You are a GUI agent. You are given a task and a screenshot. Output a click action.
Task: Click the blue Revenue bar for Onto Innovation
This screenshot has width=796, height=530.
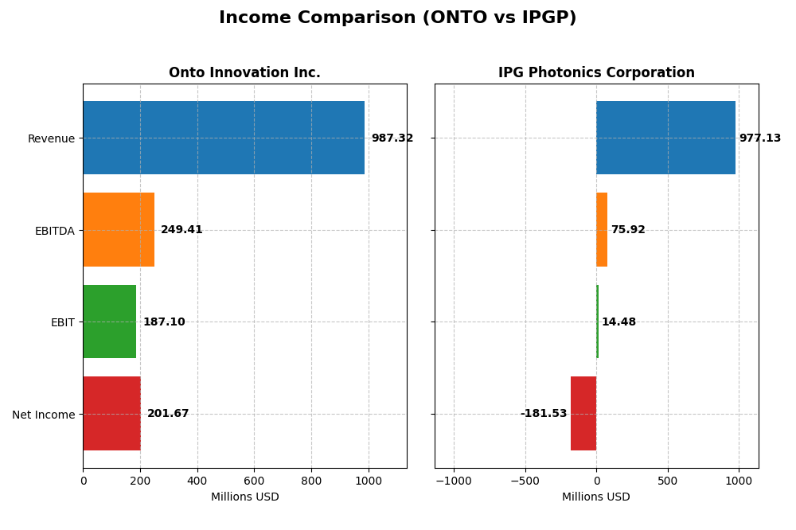coord(224,138)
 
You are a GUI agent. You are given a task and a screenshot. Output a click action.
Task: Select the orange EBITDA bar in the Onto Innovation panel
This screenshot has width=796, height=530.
coord(119,230)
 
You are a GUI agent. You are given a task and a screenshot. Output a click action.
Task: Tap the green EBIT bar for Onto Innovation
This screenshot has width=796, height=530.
coord(110,322)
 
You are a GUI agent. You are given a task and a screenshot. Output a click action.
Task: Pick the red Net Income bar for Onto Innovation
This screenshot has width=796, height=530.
coord(111,414)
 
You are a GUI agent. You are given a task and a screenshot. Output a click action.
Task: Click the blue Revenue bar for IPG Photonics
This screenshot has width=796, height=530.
coord(665,138)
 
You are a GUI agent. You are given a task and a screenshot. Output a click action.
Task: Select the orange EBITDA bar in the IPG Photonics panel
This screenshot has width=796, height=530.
coord(602,230)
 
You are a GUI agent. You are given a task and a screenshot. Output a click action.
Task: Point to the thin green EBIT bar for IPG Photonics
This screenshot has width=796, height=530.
coord(597,322)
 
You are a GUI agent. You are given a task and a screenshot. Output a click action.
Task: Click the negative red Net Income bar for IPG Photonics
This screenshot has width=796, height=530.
coord(583,414)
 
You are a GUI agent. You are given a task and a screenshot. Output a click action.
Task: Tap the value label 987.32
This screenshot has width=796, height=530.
coord(392,138)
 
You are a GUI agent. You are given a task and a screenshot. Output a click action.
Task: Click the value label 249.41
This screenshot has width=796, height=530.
coord(181,230)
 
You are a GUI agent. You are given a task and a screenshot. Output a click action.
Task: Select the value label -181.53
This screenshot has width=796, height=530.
coord(544,414)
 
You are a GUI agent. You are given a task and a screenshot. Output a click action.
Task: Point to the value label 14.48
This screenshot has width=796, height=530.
coord(618,322)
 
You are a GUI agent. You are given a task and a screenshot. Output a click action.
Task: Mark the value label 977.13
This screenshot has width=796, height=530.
coord(760,138)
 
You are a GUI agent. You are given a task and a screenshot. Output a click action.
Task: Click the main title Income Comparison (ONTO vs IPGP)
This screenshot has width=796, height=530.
coord(397,18)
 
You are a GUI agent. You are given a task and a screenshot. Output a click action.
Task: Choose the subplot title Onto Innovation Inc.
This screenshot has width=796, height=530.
coord(244,73)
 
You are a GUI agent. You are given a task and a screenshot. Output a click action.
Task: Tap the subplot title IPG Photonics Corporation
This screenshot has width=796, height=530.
coord(596,73)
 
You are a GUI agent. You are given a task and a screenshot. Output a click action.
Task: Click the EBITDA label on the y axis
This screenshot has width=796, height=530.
coord(55,231)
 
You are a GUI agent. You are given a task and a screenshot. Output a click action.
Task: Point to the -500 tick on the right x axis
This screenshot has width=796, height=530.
coord(525,481)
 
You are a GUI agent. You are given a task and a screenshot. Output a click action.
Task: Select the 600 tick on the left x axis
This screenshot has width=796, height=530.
coord(255,481)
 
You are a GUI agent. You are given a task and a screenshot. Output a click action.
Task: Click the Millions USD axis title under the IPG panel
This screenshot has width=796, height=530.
coord(596,497)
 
